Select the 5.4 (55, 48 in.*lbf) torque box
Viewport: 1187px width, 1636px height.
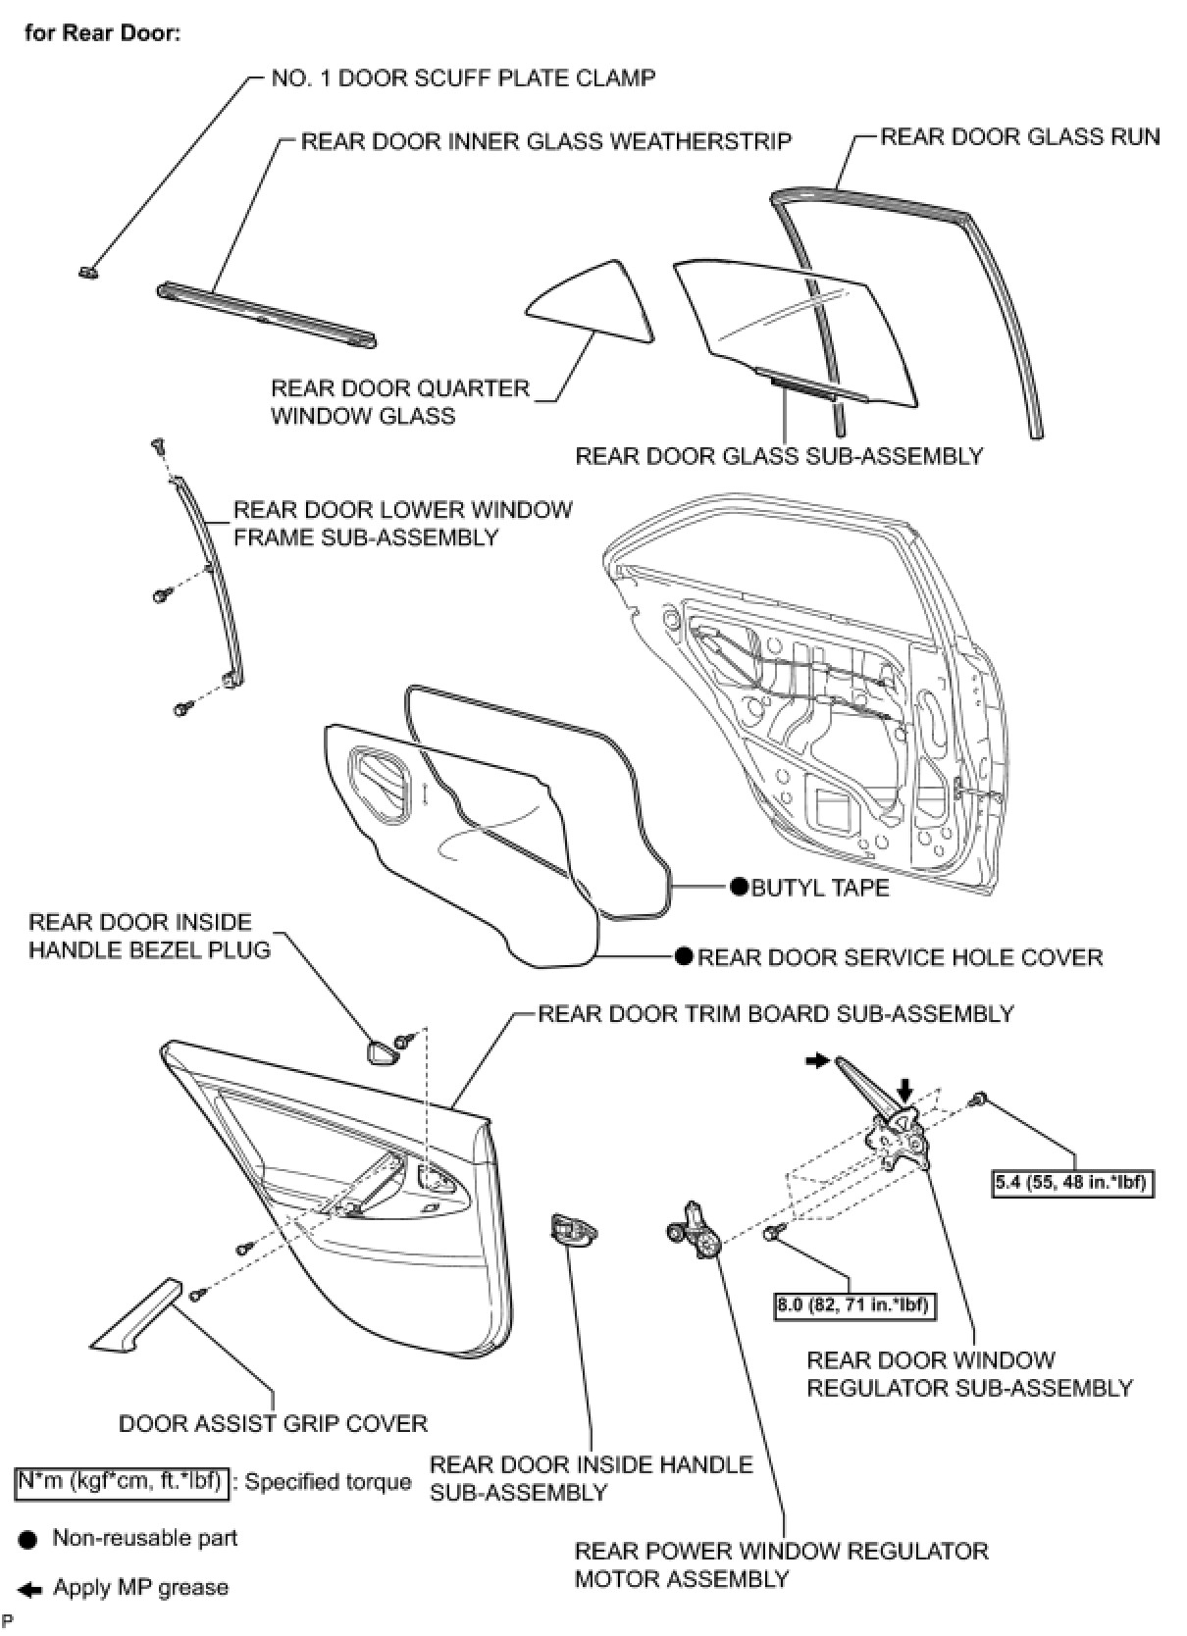coord(1070,1182)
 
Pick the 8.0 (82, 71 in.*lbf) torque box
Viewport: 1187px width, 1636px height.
coord(852,1304)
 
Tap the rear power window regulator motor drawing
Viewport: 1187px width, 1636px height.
coord(696,1230)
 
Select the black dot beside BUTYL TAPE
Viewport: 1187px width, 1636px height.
coord(739,887)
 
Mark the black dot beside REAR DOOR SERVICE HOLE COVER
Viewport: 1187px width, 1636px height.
coord(684,956)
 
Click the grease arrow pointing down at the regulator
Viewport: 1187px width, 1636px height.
coord(904,1087)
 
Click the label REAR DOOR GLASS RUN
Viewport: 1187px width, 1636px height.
coord(1019,136)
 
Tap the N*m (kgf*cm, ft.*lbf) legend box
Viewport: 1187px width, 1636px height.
coord(123,1481)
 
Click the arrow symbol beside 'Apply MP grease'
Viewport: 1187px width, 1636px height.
coord(30,1588)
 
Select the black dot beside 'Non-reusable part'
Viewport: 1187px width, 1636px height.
coord(29,1539)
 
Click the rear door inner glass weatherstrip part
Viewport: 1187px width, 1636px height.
coord(267,315)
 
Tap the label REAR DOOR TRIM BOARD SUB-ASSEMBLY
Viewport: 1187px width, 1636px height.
coord(775,1013)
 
